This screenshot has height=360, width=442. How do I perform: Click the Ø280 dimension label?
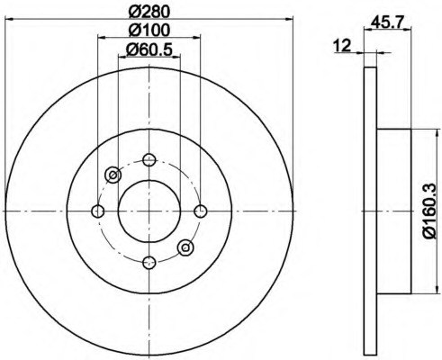point(149,12)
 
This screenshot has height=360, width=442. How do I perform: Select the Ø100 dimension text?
point(149,30)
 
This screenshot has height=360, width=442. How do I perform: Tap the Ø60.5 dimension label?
point(149,49)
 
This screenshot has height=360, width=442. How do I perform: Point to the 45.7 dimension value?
point(386,22)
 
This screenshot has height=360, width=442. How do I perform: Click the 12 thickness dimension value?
point(342,46)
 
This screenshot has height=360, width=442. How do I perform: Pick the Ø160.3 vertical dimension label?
point(429,211)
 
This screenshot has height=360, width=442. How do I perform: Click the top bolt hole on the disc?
point(149,159)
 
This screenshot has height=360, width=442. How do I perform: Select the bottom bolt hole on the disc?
point(149,263)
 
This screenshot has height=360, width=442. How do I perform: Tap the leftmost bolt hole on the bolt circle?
point(97,211)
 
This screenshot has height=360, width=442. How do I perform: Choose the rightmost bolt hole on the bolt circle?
point(201,211)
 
